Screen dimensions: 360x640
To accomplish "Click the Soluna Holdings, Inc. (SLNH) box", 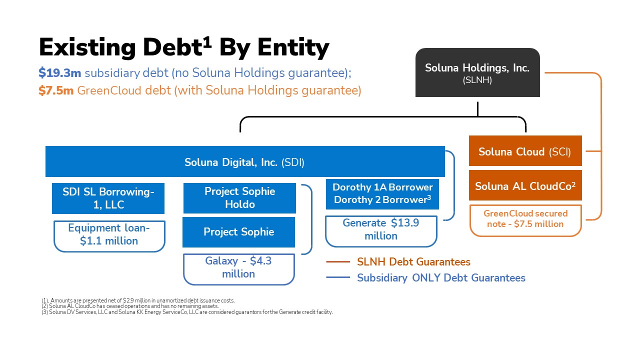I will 477,73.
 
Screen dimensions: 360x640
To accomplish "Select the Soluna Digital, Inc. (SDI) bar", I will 244,162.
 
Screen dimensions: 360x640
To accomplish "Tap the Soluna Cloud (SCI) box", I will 525,151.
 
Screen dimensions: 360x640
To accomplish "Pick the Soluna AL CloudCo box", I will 525,186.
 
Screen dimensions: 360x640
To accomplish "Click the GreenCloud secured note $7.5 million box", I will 525,219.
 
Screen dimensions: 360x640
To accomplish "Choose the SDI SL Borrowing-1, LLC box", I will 108,198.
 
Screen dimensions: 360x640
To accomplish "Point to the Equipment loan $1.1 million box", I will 109,234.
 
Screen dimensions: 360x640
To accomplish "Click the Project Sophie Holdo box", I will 239,198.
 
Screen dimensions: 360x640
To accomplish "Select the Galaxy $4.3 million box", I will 238,268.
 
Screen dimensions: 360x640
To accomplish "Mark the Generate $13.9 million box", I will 381,230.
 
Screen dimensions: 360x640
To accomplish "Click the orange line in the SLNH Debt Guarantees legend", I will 337,262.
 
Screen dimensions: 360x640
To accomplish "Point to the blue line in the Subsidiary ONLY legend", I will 337,278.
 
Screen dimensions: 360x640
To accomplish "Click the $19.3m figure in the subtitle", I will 59,73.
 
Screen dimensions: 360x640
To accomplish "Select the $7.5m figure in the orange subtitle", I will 56,91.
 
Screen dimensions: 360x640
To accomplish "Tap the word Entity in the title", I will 293,48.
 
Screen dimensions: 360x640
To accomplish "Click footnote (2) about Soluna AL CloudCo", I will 130,306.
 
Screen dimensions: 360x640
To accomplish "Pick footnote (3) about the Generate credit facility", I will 187,312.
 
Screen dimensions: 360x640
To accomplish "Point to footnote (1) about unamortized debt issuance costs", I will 138,300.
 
